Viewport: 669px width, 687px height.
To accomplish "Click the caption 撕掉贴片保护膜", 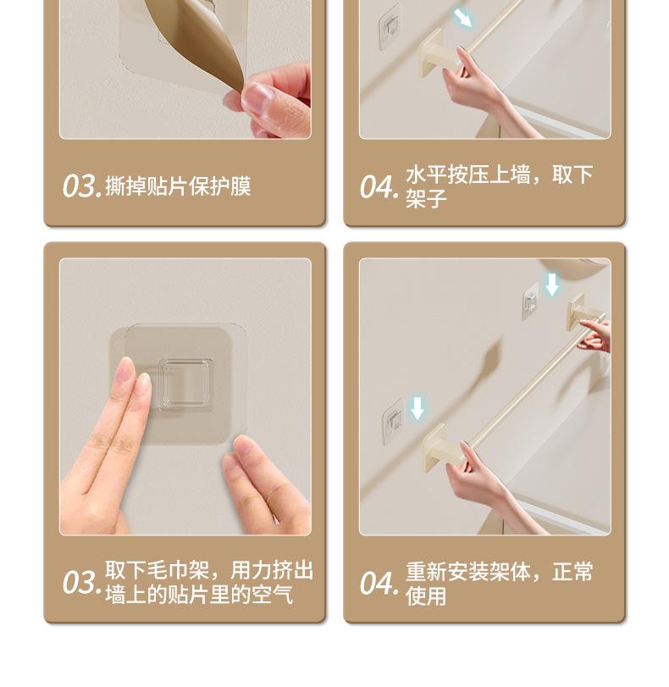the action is (x=178, y=186).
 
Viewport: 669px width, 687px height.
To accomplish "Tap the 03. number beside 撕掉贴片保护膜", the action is (x=82, y=186).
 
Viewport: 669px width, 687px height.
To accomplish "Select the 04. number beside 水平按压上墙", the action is (x=379, y=187).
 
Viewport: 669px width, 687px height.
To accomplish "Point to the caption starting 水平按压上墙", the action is (x=499, y=186).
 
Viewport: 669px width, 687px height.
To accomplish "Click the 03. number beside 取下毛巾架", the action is (x=82, y=583).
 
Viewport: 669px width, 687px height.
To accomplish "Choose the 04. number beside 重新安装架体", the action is (x=379, y=584).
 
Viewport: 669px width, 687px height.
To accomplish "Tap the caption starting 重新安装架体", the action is (x=499, y=583).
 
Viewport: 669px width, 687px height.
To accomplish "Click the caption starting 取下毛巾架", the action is (x=209, y=582).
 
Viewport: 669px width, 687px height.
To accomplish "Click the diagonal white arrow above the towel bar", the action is (x=462, y=18).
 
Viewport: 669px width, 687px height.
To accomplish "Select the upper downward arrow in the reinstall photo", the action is (x=551, y=285).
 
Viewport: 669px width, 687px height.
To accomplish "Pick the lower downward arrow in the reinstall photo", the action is (x=417, y=408).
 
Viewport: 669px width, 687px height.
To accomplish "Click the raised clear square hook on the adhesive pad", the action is (x=185, y=385).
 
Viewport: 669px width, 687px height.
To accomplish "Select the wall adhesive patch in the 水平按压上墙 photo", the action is (x=390, y=27).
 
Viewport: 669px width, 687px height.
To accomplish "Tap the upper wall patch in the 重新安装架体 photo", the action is (x=531, y=302).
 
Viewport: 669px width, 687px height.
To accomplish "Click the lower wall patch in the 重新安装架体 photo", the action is (x=394, y=422).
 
